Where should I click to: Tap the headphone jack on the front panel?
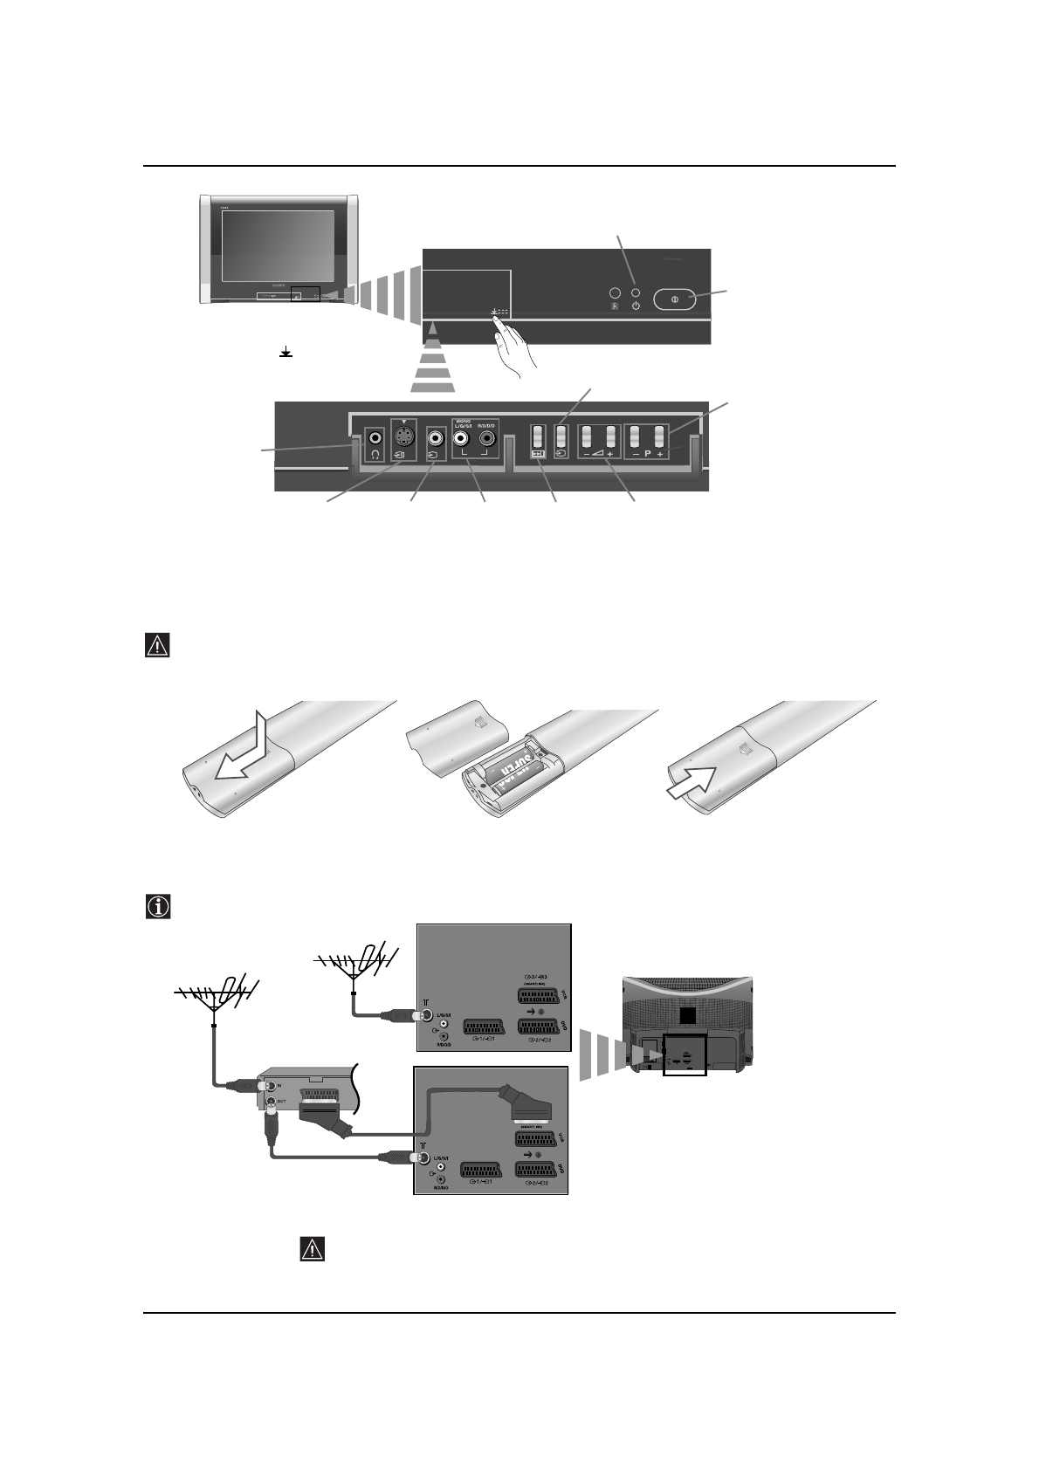tap(375, 437)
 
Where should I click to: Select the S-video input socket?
tap(403, 436)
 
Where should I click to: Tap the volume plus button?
tap(611, 436)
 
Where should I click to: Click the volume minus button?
tap(587, 436)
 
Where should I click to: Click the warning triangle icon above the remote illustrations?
tap(156, 646)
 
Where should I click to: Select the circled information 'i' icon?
tap(156, 906)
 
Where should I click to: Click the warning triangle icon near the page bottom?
tap(312, 1248)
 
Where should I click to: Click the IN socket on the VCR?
tap(271, 1086)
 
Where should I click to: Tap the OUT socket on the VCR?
tap(271, 1102)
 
